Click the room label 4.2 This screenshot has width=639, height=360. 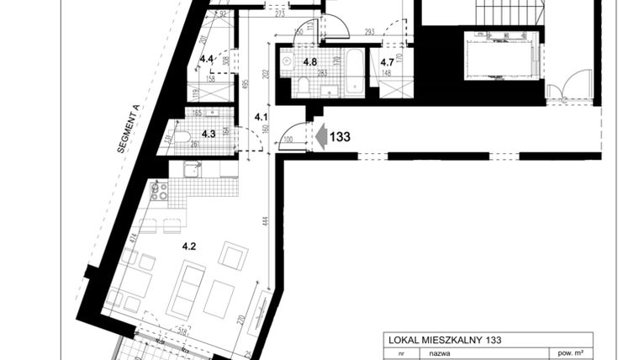(x=189, y=247)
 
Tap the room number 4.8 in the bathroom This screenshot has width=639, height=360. (x=310, y=62)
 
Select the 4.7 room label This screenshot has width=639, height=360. (x=388, y=62)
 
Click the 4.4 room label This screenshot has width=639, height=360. (x=207, y=59)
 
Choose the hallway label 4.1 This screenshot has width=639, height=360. (x=261, y=117)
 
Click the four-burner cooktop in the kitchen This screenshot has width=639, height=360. (x=159, y=192)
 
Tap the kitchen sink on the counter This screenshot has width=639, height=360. (x=191, y=170)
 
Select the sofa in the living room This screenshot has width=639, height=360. (x=186, y=286)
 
